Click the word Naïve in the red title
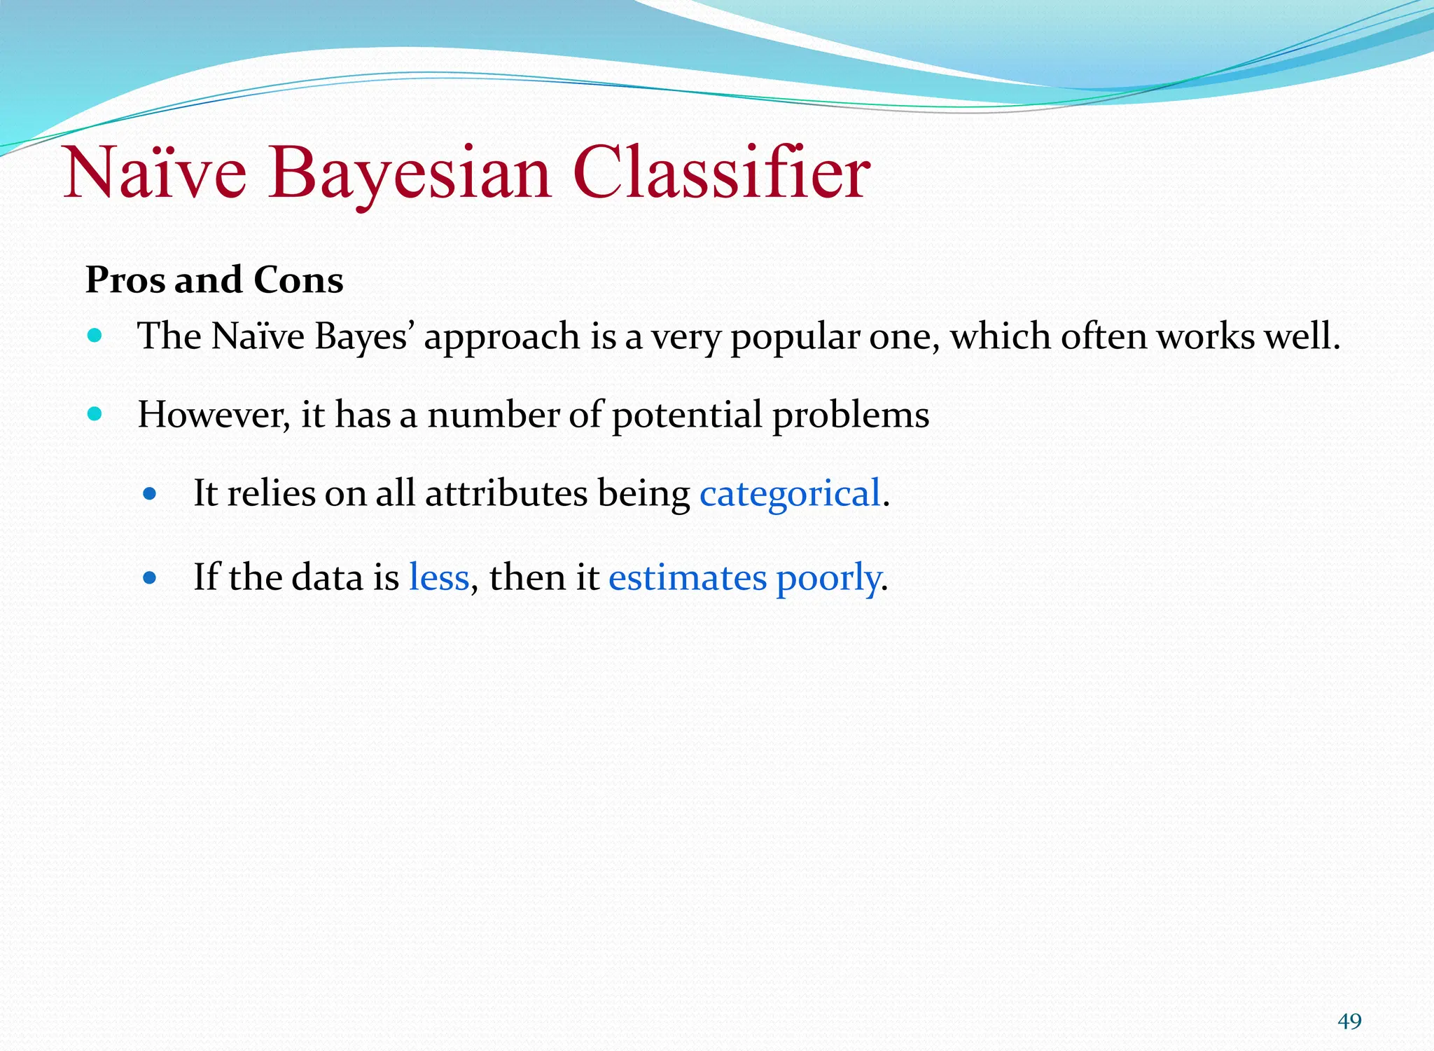155,174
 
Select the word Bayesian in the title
409,174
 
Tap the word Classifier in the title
721,174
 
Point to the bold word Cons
298,280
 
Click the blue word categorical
790,493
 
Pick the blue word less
439,578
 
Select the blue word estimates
688,578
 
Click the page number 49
1349,1022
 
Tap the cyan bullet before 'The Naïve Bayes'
95,336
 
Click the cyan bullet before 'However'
95,413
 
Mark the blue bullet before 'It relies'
149,494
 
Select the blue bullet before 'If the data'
149,579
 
